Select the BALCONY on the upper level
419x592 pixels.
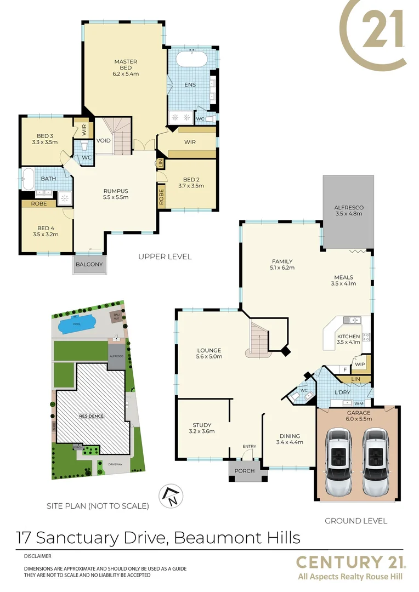tap(89, 264)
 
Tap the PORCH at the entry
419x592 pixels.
tap(245, 470)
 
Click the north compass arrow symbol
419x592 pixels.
tap(169, 497)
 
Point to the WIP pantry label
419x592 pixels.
tap(360, 364)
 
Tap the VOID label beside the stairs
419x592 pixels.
tap(103, 141)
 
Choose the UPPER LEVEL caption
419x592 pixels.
tap(165, 257)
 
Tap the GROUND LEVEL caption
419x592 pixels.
tap(356, 521)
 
